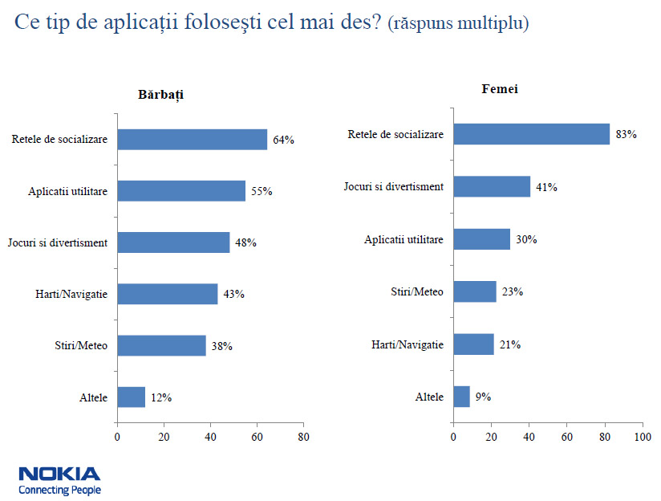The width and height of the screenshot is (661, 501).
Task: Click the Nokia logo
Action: [x=59, y=474]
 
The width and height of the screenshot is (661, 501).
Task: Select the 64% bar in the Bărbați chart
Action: [x=192, y=139]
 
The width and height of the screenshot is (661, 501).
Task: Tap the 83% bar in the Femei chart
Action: [x=531, y=134]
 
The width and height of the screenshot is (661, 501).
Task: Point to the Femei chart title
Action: [x=499, y=88]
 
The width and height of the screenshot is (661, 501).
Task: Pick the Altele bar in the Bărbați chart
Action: [x=131, y=397]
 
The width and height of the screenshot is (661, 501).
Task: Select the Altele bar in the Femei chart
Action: [x=461, y=397]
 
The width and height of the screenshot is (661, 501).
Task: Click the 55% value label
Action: [x=262, y=191]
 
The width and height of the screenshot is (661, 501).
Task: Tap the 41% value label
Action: [x=546, y=187]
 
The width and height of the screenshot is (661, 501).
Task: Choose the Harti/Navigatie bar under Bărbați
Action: [x=167, y=294]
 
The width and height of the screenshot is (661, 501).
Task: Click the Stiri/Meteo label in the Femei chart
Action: [x=417, y=291]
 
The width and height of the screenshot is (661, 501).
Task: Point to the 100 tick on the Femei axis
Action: [x=642, y=438]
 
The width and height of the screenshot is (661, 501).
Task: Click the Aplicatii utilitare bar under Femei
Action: [x=481, y=239]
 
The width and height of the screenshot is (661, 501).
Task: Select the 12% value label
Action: [x=160, y=397]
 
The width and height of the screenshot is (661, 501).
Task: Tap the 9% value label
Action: [x=482, y=397]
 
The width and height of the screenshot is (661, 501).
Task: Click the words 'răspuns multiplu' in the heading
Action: [x=458, y=23]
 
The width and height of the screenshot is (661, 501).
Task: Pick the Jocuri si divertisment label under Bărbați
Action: [x=57, y=242]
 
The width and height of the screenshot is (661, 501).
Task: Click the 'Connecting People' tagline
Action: [x=59, y=490]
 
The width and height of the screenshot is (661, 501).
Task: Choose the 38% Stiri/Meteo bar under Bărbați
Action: [x=161, y=346]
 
